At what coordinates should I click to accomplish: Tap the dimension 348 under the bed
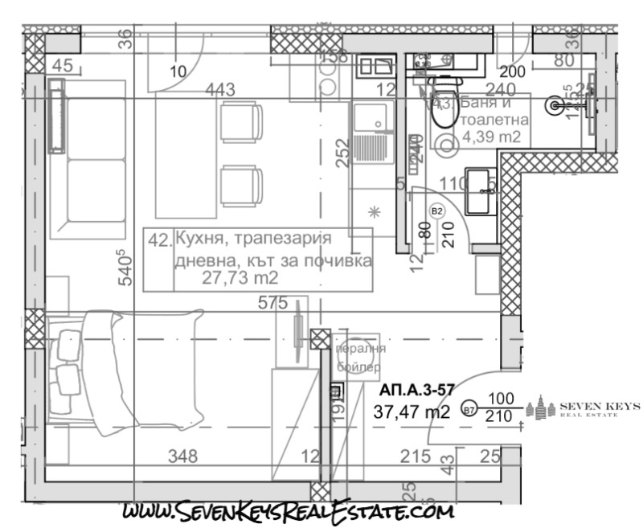tap(182, 456)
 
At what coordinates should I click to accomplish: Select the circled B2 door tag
tap(438, 211)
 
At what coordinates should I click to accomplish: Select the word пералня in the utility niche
tap(359, 349)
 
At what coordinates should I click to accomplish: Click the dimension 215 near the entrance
tap(416, 456)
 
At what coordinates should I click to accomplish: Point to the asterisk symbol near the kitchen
tap(373, 212)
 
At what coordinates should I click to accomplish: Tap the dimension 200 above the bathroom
tap(512, 72)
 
